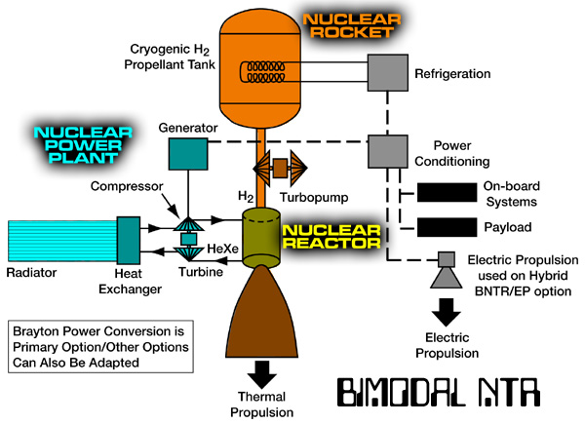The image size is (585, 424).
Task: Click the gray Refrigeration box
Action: [x=388, y=73]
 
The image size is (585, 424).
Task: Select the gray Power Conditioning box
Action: [x=388, y=151]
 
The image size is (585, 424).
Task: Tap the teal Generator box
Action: [x=188, y=154]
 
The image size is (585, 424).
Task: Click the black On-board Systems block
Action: [x=447, y=192]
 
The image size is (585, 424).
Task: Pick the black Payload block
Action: [x=447, y=227]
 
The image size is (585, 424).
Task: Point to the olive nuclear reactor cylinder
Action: [x=261, y=238]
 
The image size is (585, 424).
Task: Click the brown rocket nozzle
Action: [x=261, y=313]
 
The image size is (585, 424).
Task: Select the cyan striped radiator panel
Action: [x=62, y=241]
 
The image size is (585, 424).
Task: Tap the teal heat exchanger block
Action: [x=129, y=241]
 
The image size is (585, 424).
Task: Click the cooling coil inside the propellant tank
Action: [x=262, y=72]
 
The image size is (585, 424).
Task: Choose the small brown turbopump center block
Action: [x=280, y=169]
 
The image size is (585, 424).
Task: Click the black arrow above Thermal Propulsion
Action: [x=262, y=374]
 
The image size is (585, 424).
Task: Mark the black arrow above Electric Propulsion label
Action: [x=447, y=312]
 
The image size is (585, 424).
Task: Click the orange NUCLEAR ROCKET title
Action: [x=352, y=25]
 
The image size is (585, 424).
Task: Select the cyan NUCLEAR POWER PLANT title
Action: [x=83, y=145]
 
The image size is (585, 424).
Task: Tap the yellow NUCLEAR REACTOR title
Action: [x=331, y=237]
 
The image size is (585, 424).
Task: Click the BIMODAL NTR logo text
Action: [x=439, y=392]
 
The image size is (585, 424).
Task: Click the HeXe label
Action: [x=222, y=249]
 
